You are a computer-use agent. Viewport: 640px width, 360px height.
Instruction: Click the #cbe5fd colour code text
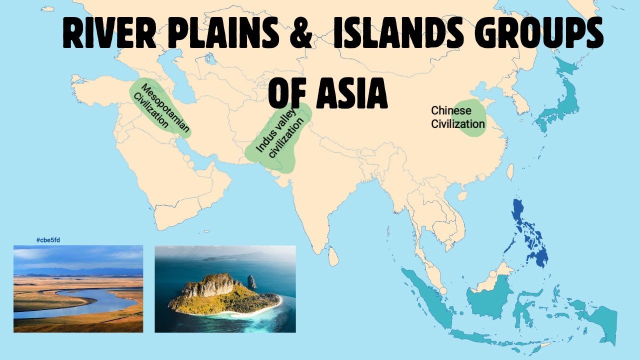[48, 240]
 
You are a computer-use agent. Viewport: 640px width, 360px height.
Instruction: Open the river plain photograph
[78, 288]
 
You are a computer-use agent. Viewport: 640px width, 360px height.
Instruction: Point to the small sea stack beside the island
[251, 282]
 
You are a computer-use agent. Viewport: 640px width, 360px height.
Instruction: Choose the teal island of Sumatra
[425, 295]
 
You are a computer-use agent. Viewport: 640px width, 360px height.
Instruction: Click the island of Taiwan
[510, 172]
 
